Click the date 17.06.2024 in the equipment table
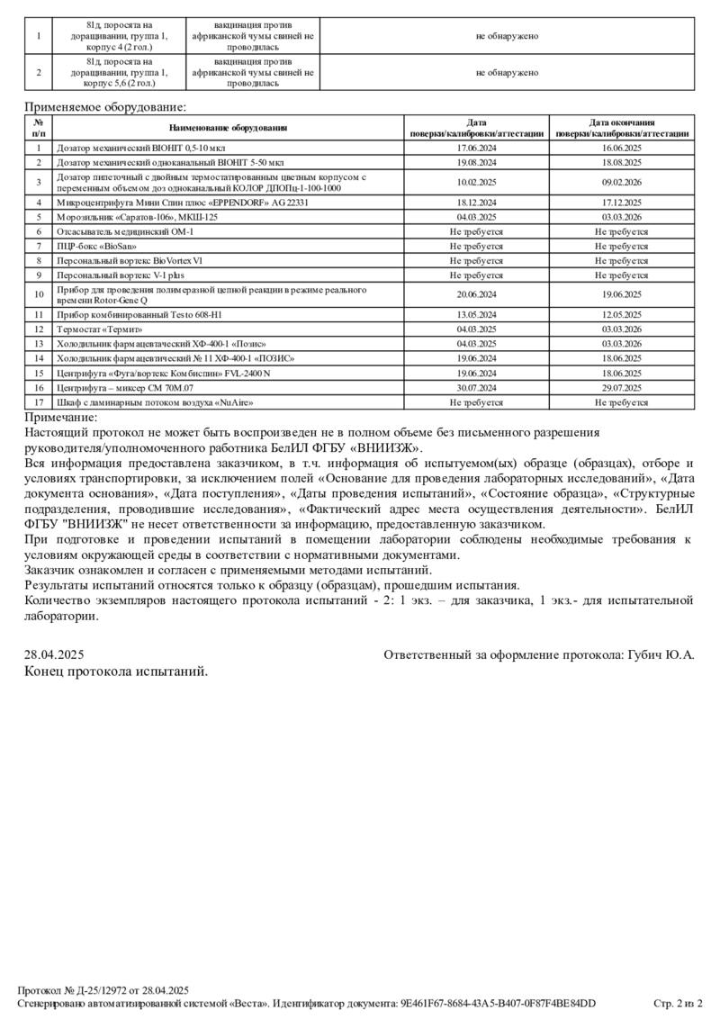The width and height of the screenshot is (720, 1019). coord(477,148)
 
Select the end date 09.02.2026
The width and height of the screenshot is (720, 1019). coord(622,183)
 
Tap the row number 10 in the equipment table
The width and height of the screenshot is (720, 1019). coord(39,294)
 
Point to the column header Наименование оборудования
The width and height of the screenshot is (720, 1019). coord(228,128)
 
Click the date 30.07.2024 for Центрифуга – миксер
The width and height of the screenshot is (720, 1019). coord(477,388)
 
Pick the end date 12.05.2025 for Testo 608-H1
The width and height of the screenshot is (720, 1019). coord(622,315)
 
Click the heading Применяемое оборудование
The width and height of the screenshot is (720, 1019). coord(93,107)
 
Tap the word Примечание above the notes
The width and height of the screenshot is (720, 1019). coord(60,418)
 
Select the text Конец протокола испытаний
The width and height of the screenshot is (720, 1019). coord(116,671)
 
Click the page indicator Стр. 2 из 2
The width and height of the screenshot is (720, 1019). coord(678,1003)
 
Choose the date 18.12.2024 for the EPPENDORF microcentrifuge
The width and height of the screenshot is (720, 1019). coord(477,203)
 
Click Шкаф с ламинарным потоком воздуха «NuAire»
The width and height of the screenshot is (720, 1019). coord(155,402)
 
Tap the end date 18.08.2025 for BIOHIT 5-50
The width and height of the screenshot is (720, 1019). coord(622,163)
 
